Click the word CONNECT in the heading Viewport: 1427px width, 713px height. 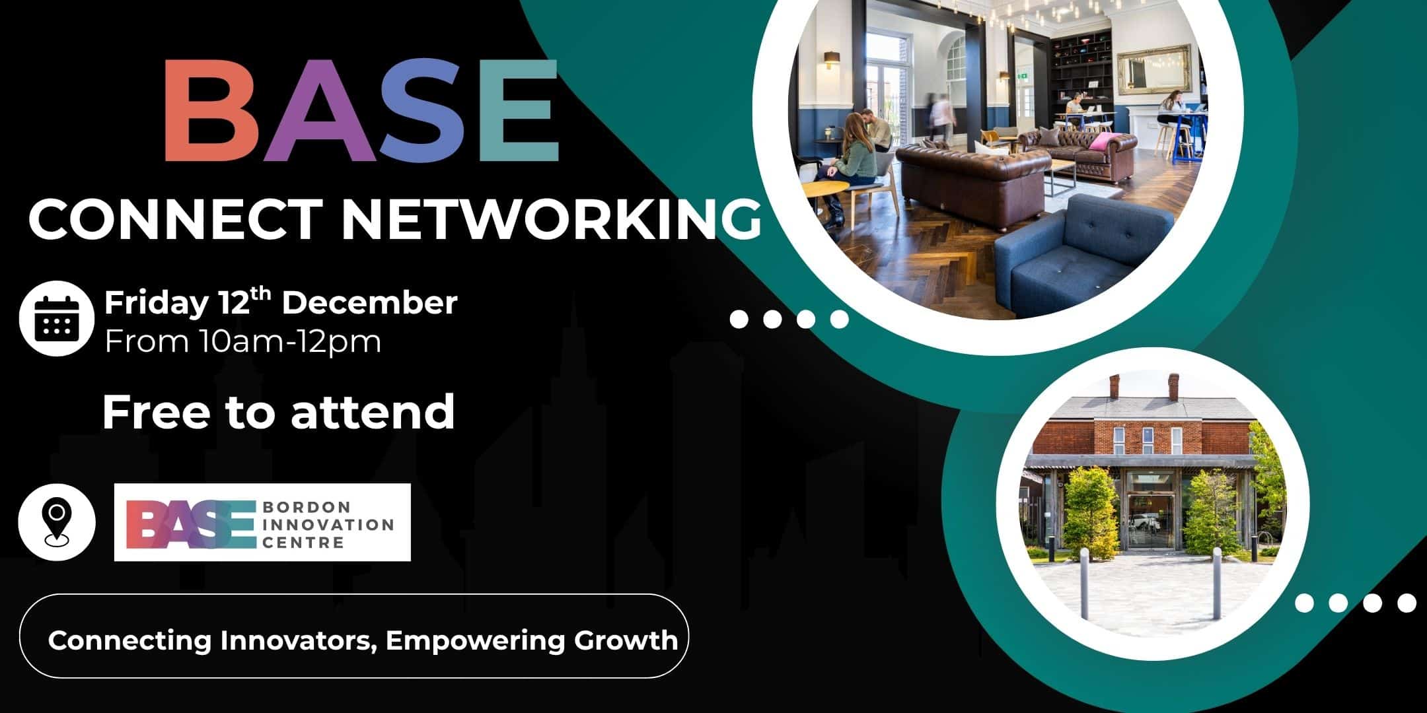176,219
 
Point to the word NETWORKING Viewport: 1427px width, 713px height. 550,219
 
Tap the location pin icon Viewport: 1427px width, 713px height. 57,522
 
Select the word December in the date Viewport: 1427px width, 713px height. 369,303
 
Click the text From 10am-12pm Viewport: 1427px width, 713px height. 243,342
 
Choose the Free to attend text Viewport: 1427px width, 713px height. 278,411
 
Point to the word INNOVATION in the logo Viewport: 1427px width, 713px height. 328,525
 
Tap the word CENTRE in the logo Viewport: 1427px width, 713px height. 303,543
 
